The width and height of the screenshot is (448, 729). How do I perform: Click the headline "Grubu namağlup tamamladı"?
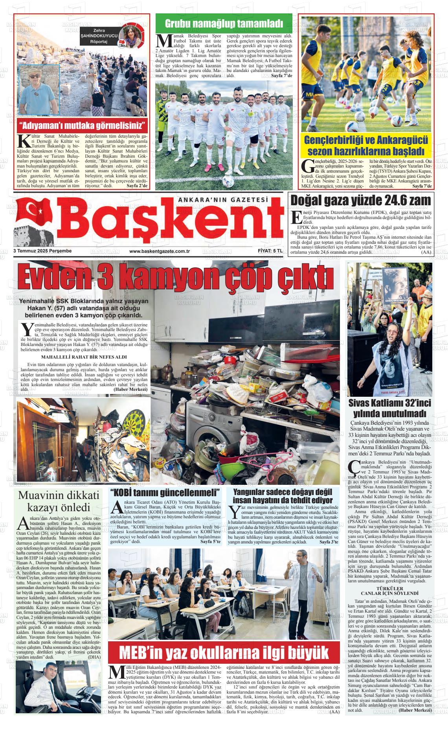(x=224, y=24)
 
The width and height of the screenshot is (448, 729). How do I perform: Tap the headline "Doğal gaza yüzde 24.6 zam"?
(x=360, y=201)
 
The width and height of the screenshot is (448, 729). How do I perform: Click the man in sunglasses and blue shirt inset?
(x=39, y=90)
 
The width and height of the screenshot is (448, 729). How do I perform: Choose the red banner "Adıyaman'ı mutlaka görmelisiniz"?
(x=82, y=126)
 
